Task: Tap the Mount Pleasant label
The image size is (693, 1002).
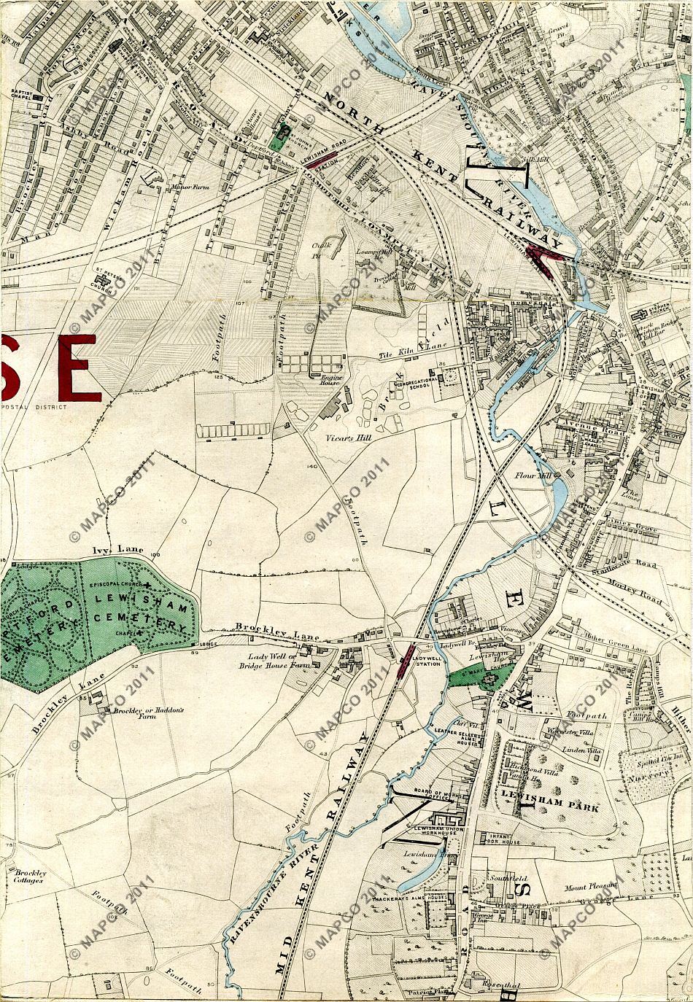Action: pos(591,888)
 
